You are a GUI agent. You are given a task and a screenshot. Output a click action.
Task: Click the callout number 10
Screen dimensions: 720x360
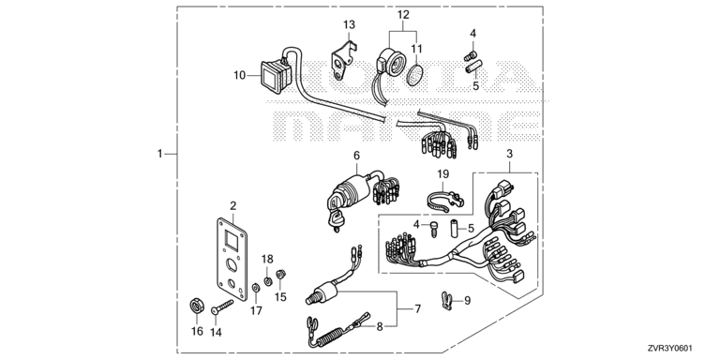240,75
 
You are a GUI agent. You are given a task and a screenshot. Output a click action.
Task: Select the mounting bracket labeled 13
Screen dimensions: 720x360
342,60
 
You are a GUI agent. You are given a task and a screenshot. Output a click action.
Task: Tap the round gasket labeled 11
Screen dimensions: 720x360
414,74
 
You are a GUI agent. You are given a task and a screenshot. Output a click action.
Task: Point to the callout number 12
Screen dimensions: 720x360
403,15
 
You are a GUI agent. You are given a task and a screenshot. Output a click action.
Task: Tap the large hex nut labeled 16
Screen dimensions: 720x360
197,306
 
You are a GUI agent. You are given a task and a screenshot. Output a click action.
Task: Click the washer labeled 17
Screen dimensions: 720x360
256,288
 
